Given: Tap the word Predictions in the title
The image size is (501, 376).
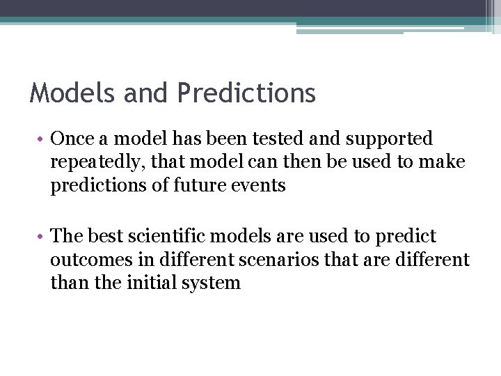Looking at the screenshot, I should point(246,93).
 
